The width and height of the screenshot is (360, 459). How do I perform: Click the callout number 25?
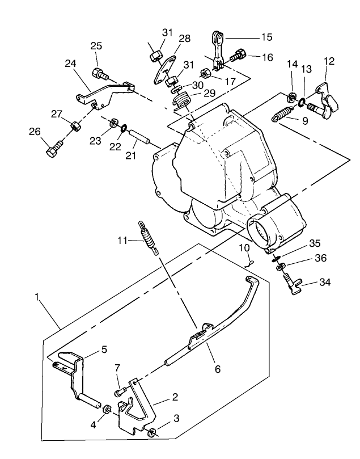[x=96, y=45]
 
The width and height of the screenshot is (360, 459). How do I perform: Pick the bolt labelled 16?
[x=238, y=56]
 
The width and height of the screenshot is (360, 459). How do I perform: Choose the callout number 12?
[x=329, y=61]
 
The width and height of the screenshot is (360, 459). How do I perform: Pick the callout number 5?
[x=104, y=349]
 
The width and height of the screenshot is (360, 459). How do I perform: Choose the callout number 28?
[x=185, y=38]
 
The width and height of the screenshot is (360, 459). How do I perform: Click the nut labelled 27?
[x=74, y=125]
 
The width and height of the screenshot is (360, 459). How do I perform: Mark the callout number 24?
[x=71, y=64]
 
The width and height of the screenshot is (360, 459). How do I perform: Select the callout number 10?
[x=244, y=247]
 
